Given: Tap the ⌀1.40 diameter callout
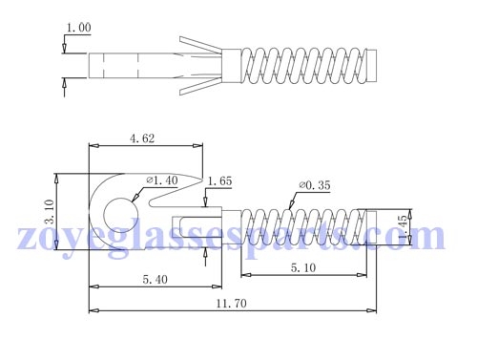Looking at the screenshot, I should pos(161,180).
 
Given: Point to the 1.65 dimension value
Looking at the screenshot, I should pos(219,180).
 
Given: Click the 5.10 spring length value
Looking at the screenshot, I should pos(303,269).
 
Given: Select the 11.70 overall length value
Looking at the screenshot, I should pos(229,304).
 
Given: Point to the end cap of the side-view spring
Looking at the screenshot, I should pos(376,229).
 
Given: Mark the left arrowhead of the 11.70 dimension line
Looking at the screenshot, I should pos(92,310).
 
